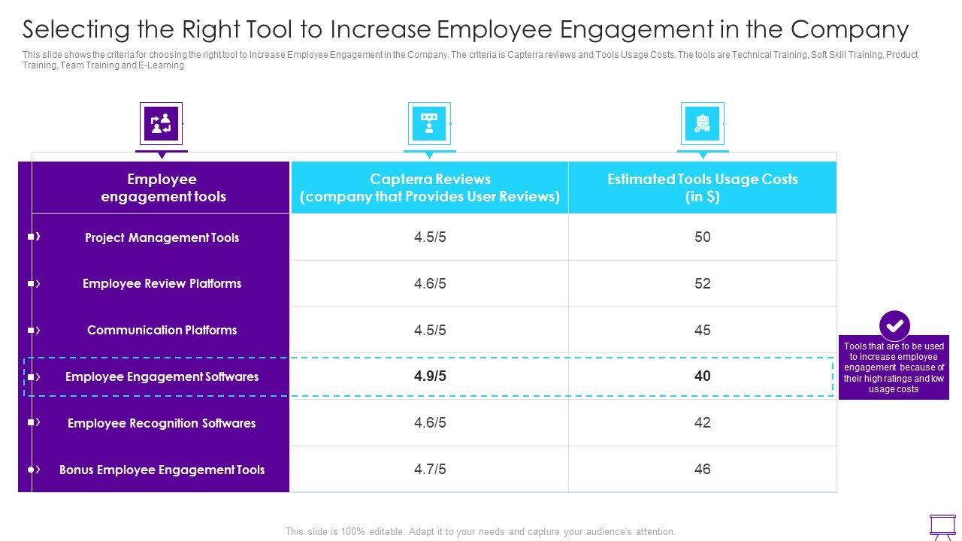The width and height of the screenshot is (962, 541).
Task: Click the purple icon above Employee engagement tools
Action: pos(161,123)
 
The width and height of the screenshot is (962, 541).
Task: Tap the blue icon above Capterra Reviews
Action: pos(429,123)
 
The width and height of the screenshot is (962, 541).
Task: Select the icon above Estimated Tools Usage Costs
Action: pos(702,123)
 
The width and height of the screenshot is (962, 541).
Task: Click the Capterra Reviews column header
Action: pos(430,188)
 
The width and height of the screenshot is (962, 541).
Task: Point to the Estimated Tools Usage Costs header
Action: pos(702,188)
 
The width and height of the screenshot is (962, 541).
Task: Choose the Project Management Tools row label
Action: pos(162,237)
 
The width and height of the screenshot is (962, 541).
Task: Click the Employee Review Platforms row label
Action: pos(162,283)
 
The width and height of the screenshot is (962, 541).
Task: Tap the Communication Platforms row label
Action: pos(162,330)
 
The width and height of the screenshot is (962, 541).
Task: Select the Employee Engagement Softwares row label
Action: pos(162,376)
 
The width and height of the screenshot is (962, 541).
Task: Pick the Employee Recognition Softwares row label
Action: pos(162,423)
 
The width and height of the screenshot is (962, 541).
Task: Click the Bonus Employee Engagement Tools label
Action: pos(162,470)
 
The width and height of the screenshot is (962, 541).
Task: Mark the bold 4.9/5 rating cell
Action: pos(430,376)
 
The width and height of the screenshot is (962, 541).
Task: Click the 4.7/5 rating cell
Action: pos(430,470)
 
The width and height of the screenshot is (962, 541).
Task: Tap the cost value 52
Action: pos(702,283)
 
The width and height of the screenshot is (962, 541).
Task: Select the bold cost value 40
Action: pos(702,376)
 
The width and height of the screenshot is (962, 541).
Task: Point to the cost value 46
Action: pos(702,470)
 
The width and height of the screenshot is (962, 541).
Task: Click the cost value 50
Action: pos(702,237)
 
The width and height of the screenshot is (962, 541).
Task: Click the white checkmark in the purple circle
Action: pos(894,326)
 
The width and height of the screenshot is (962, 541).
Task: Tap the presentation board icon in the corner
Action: pos(942,526)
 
